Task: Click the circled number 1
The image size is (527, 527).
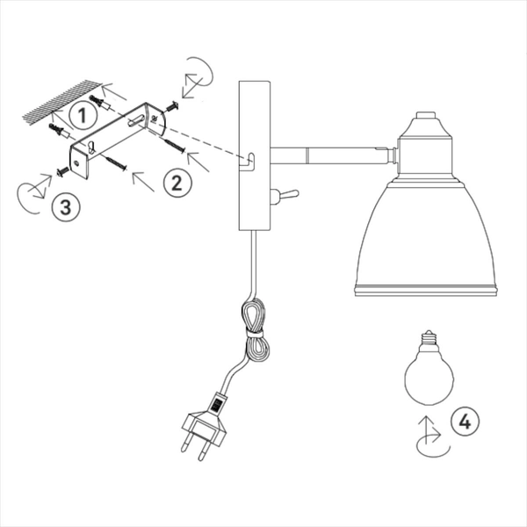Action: point(83,115)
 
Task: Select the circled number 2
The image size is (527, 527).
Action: point(177,184)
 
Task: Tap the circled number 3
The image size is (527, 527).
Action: point(66,207)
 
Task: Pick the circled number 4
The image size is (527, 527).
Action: point(465,422)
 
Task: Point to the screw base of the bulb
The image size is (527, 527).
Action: point(430,338)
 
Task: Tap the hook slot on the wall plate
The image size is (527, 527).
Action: point(249,162)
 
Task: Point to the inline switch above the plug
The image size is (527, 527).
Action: point(218,402)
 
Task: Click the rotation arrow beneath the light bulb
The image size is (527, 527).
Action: point(432,437)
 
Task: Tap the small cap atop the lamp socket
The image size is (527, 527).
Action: point(426,115)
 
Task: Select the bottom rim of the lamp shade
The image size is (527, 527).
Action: point(426,291)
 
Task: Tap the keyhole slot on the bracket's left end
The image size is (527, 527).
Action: point(91,148)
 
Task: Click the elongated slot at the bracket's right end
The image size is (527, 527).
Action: point(136,120)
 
